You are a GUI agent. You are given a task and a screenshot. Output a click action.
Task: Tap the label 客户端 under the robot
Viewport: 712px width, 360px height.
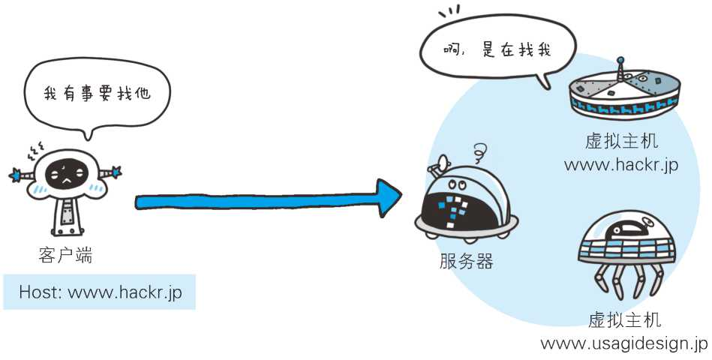65,255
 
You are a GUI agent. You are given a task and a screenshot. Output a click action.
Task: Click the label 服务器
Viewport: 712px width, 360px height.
467,262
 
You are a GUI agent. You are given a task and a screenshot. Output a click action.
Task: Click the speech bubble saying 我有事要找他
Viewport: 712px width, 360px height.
97,94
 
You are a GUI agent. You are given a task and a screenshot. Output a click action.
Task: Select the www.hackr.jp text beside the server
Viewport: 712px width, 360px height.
621,164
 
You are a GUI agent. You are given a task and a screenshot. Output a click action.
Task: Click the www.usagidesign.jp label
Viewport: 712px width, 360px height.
623,343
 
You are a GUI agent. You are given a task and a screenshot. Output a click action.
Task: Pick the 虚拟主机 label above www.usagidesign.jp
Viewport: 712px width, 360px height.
625,321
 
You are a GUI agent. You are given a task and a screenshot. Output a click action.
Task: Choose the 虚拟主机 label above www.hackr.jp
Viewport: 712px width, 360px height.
622,142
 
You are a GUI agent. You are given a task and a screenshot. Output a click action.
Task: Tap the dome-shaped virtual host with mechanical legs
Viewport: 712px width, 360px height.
627,247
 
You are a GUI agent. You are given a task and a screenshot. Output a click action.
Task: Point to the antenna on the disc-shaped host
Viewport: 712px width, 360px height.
620,67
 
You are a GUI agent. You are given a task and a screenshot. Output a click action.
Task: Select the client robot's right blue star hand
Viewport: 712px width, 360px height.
116,172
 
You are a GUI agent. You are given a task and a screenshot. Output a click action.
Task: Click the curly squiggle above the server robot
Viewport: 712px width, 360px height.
477,154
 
